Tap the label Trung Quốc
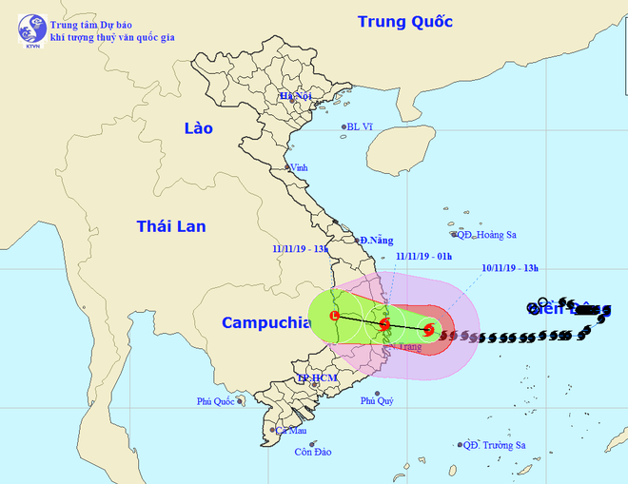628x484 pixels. point(404,21)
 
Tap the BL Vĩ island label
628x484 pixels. point(361,126)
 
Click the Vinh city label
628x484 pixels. point(300,167)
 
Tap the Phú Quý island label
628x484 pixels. point(377,401)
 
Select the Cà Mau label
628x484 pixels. point(287,430)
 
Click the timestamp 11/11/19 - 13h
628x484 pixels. point(300,250)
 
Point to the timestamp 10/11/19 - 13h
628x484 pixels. point(512,268)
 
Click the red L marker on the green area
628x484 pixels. point(334,316)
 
